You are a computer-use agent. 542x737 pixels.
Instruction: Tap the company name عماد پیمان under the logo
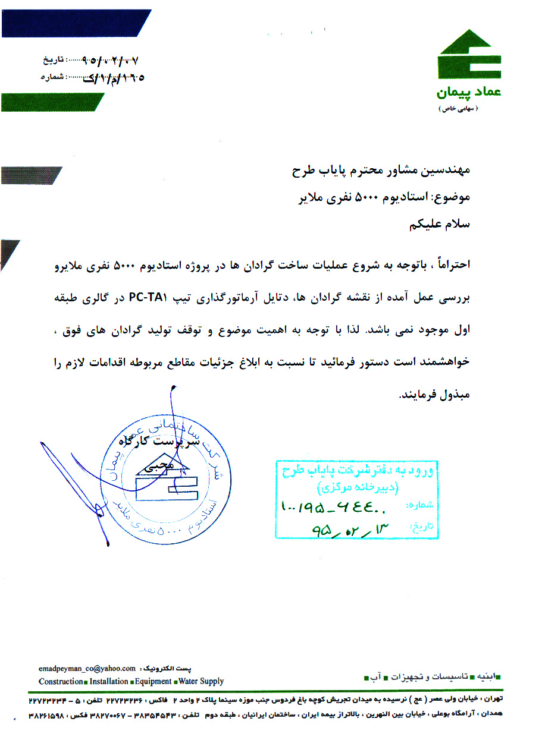468,93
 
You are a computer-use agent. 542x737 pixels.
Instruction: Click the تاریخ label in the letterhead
51,61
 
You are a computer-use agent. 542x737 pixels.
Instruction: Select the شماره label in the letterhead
51,77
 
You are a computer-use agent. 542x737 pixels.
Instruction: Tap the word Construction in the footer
61,681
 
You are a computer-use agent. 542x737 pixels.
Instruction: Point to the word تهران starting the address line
493,699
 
